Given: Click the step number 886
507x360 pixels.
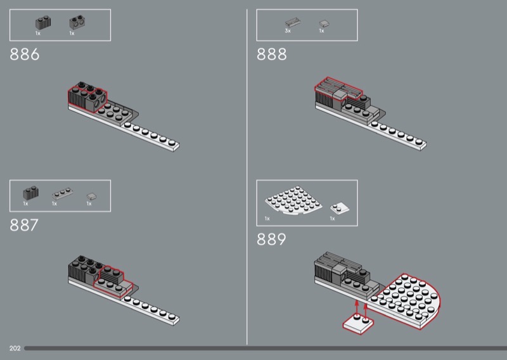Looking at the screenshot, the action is (25, 55).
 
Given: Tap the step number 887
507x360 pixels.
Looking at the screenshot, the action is (24, 225).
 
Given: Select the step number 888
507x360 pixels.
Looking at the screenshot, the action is (272, 55).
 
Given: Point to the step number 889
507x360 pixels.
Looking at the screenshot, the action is (271, 240).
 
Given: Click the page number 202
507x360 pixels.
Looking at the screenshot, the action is (15, 348).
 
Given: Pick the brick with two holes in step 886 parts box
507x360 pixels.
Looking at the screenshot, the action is (77, 22).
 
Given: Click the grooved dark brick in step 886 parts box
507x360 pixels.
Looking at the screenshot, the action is (43, 23).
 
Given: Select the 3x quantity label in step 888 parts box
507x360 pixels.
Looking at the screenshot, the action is (288, 30).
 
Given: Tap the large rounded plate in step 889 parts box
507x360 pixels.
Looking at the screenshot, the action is (293, 200).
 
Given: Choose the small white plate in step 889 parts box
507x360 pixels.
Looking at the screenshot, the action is (340, 208).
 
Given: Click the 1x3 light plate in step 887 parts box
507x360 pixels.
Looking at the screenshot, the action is (62, 194).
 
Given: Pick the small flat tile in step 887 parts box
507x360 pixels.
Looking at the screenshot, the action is (91, 196).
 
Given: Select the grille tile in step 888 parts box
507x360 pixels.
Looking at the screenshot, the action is (293, 23).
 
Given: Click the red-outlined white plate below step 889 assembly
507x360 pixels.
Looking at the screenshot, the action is (358, 324).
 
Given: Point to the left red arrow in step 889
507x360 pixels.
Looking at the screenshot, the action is (357, 307).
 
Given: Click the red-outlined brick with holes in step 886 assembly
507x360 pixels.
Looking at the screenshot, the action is (96, 101).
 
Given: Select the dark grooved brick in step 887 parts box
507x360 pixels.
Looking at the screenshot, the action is (31, 193).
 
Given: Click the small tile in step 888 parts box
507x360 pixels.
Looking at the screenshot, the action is (324, 24).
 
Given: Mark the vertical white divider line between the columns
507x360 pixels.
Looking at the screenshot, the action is (247, 177).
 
